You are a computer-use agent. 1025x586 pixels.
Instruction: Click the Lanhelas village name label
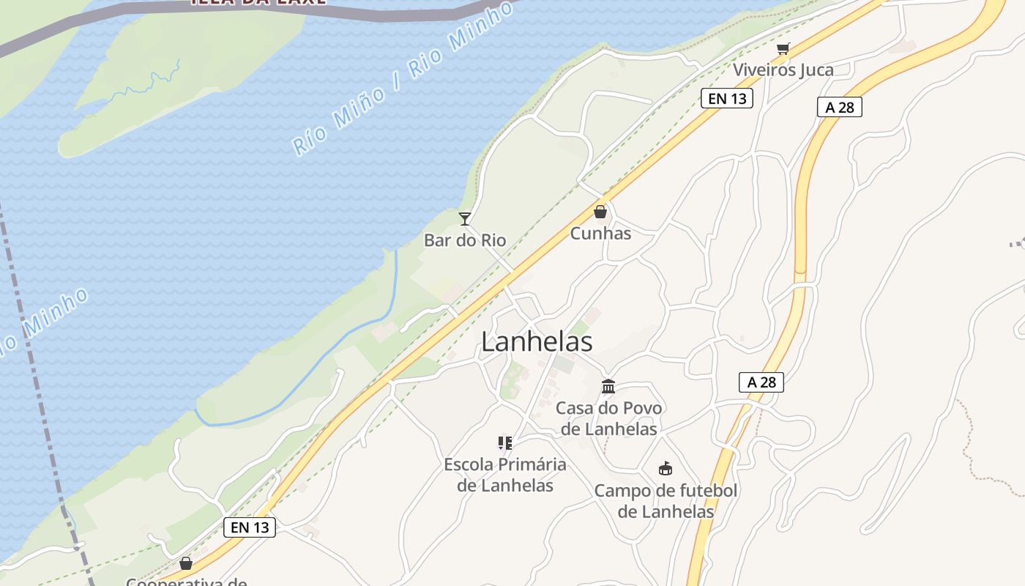537,342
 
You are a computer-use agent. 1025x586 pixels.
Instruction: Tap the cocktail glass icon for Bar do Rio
464,218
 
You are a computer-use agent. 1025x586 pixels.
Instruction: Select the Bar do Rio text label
465,240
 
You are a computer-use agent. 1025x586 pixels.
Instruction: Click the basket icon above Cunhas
600,212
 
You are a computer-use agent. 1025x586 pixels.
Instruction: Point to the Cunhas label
600,234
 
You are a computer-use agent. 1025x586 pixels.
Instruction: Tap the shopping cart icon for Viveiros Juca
783,49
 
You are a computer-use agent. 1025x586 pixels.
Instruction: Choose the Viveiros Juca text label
783,70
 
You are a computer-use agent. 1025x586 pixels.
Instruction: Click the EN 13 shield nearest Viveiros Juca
726,98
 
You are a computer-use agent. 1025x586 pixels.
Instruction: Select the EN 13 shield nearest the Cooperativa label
249,527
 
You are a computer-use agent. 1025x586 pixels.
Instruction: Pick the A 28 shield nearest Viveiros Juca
839,108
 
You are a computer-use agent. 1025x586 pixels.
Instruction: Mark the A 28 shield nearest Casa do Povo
761,382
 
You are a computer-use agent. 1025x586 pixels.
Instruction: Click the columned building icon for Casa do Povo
608,386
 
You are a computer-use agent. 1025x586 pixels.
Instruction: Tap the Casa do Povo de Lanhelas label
608,418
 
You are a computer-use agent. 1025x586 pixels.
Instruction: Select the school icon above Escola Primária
504,442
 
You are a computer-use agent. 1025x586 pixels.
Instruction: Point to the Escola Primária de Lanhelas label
505,475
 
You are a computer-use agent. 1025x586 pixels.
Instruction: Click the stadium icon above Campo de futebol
665,469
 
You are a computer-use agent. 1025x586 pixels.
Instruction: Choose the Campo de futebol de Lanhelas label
665,501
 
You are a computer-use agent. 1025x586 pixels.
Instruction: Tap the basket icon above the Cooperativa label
186,563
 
